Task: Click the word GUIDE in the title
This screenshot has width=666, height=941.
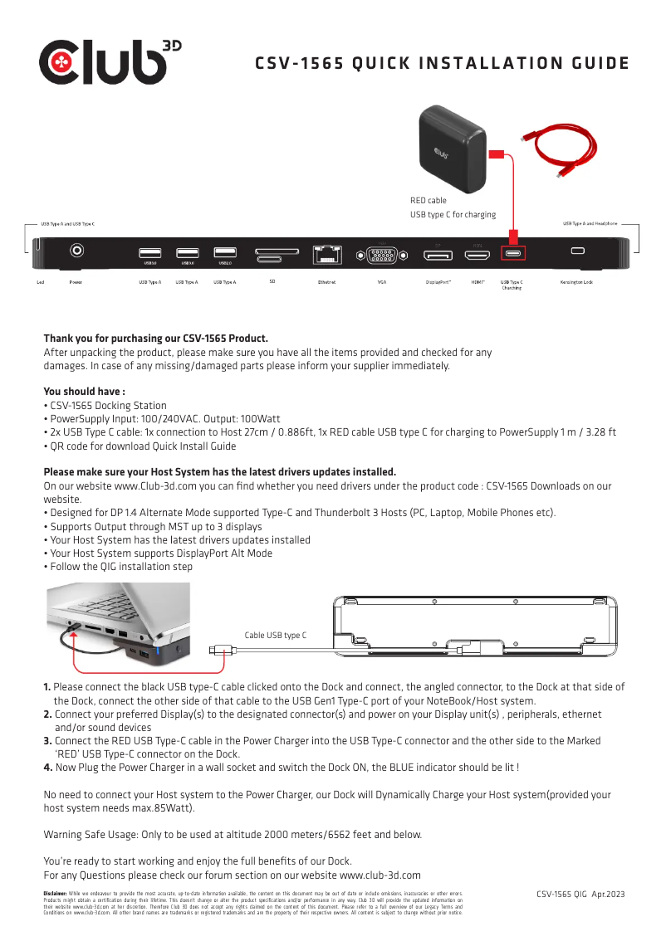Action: pos(595,64)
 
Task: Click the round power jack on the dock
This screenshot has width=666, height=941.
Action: pos(78,250)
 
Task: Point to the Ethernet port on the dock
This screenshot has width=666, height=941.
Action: pos(327,254)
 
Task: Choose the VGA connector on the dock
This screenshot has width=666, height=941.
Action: pos(382,255)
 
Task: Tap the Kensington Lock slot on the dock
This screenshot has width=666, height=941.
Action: pos(578,251)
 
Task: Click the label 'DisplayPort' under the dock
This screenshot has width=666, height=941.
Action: pos(438,282)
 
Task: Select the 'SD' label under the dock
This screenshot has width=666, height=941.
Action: pos(272,282)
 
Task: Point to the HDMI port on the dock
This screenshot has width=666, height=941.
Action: pos(477,253)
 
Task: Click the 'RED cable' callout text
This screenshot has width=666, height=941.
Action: pos(428,200)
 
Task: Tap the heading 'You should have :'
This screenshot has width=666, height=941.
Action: pos(84,392)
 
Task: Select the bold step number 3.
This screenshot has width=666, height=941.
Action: pos(47,741)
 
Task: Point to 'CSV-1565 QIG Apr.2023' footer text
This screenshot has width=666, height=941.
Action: pos(580,895)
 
